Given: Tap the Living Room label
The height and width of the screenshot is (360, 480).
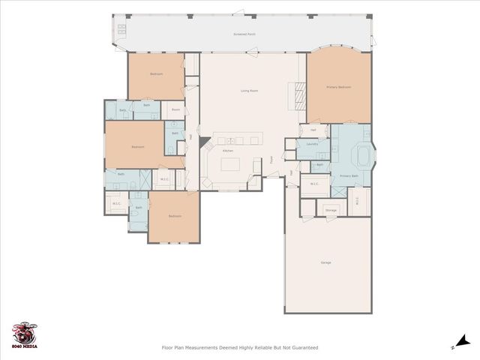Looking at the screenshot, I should coord(250,91).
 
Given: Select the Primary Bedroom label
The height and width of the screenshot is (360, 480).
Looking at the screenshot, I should coord(338,87).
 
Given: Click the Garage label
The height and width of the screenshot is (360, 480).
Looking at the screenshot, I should coord(326,262).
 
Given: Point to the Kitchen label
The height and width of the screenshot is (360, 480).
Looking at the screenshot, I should coord(228,151).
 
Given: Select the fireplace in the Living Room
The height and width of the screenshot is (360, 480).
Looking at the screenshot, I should coord(300,95).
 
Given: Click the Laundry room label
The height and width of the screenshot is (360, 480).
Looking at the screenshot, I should coord(312,144).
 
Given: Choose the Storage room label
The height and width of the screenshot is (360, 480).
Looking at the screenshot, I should coord(331,211).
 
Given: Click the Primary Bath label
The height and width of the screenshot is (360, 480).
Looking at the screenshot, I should coord(349,175).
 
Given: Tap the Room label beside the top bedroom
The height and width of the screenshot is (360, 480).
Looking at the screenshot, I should coord(175,109).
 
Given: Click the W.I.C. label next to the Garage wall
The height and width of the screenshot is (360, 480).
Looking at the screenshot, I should coord(356,199).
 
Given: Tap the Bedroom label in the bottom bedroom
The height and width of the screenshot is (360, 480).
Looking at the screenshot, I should coord(175,216).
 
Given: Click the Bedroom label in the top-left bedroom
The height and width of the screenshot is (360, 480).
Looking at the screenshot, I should coord(156,73).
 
